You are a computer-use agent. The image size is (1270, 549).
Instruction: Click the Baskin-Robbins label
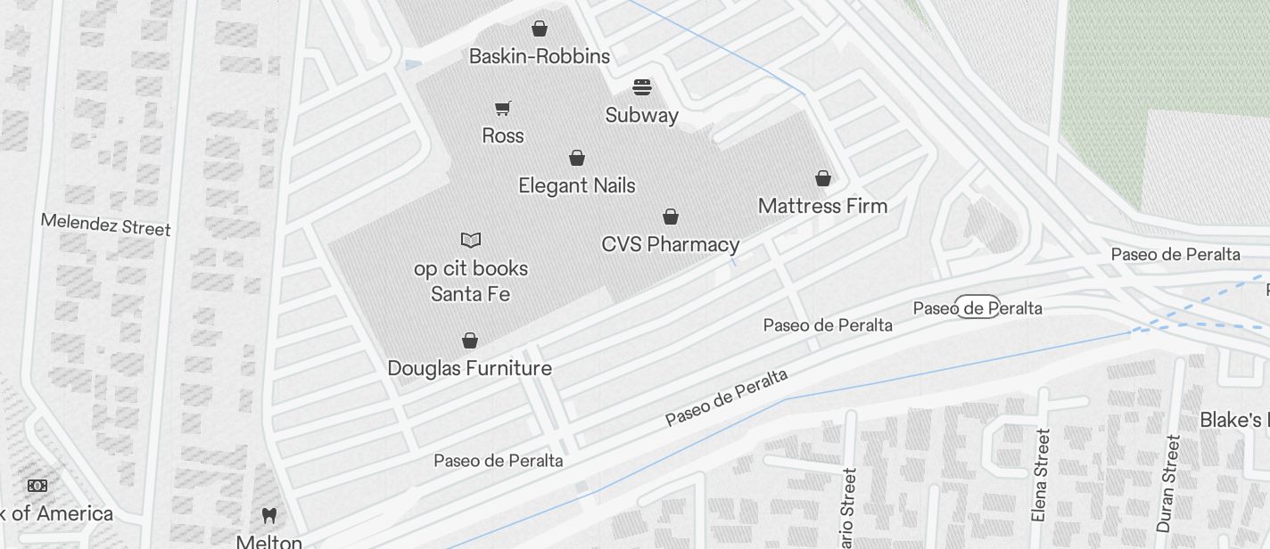(x=540, y=56)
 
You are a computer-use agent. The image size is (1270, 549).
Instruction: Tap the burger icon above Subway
(x=642, y=87)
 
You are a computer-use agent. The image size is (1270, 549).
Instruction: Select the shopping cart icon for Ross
(x=503, y=108)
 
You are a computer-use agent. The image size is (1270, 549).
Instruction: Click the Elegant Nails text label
(x=577, y=185)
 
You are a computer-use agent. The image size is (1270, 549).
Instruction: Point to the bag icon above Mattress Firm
(x=823, y=178)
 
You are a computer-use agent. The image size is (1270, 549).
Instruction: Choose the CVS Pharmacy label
(x=671, y=244)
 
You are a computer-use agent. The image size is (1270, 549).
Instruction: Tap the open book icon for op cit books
(x=471, y=240)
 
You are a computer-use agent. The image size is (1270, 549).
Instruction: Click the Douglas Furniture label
(x=469, y=368)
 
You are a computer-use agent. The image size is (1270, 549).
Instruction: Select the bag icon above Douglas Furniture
(x=470, y=340)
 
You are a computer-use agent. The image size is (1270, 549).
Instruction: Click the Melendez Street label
(x=105, y=225)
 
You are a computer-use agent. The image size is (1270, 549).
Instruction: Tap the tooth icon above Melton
(x=268, y=515)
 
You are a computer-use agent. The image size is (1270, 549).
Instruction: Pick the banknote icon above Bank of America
(x=37, y=486)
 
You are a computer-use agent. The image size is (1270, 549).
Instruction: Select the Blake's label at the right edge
(x=1234, y=420)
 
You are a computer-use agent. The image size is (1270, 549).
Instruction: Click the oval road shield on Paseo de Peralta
(x=977, y=307)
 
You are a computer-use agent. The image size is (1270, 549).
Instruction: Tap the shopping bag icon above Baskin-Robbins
(x=540, y=29)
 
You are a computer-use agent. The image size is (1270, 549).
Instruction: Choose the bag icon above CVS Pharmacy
(x=671, y=217)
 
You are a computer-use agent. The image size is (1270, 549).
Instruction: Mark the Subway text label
(x=642, y=115)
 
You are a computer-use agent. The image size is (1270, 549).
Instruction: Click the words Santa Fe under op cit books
(x=470, y=294)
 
